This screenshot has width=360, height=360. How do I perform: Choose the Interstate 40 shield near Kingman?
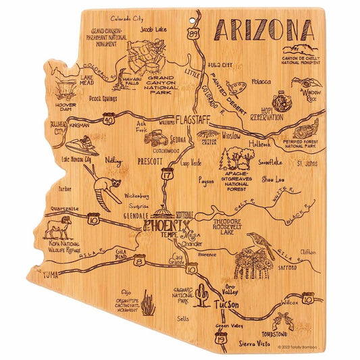[x=109, y=120]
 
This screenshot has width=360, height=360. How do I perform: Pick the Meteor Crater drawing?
[x=208, y=136]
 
